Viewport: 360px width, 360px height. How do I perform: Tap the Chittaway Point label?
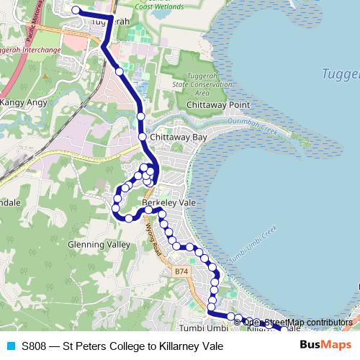218,105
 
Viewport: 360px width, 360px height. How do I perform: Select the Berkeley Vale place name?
169,203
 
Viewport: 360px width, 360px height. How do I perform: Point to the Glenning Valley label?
99,244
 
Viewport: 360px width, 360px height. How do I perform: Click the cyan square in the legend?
10,346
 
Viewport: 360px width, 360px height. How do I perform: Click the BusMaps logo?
320,346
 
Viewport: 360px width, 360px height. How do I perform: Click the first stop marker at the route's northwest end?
76,10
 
